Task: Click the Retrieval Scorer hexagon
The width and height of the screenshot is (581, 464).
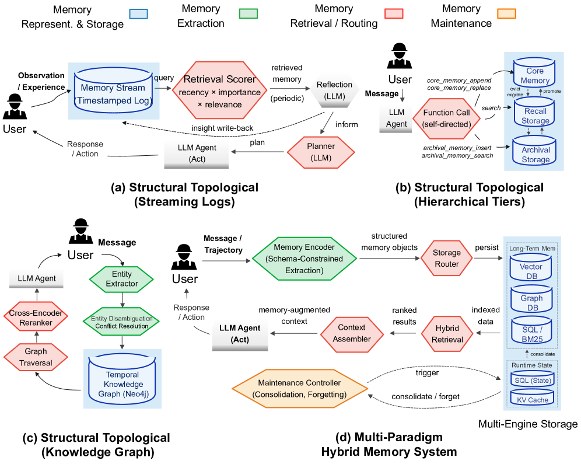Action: (x=219, y=90)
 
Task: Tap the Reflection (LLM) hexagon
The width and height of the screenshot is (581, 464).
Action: (x=335, y=90)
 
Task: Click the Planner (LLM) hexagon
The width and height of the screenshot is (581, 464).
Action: (x=321, y=152)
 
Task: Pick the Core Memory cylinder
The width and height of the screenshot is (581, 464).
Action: (x=534, y=73)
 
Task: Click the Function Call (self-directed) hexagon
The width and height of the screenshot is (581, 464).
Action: (x=446, y=118)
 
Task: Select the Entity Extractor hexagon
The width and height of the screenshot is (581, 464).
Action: (x=121, y=279)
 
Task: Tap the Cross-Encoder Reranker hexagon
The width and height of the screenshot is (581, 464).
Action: (x=36, y=318)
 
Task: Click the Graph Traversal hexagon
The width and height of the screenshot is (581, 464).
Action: (x=36, y=357)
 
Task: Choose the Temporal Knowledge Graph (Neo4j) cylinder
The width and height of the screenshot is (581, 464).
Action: (x=123, y=379)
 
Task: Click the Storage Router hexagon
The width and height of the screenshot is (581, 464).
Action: (x=446, y=259)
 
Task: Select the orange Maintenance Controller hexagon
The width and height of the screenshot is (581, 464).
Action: (x=300, y=388)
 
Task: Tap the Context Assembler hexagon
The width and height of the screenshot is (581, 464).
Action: (x=352, y=333)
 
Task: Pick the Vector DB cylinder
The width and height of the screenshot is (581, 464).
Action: (x=531, y=268)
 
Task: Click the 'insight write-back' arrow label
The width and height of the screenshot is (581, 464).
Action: (x=222, y=128)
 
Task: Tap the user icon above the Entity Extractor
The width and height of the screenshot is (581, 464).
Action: (x=80, y=231)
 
